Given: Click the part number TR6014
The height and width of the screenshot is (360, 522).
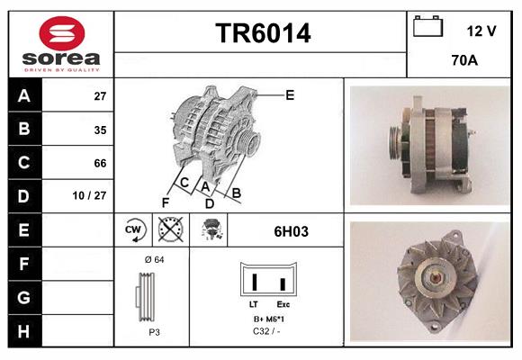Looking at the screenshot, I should [262, 34].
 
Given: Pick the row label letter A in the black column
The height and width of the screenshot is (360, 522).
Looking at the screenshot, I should [23, 95].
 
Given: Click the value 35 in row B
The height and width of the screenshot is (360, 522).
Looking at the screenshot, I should [100, 130].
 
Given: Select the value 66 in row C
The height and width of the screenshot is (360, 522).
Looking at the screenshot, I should [100, 163].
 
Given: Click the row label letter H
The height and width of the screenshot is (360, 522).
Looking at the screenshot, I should [23, 330].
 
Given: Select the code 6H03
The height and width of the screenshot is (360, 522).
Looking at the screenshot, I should [291, 231].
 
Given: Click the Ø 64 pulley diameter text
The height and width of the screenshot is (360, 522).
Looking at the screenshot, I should [153, 259].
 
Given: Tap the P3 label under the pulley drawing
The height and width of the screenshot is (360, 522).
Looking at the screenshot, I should [153, 331].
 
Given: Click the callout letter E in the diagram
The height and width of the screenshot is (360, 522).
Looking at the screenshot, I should [290, 94].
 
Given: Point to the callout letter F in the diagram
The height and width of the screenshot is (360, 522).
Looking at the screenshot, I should [165, 202].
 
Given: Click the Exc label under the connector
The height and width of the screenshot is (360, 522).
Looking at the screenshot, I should [283, 306].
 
